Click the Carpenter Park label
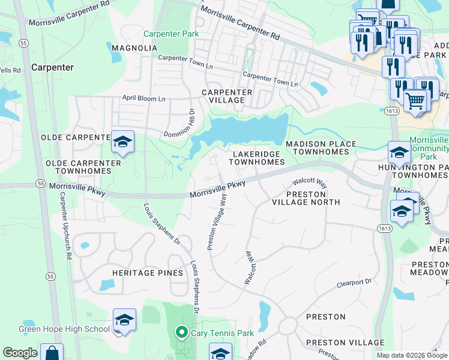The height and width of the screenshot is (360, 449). click(x=170, y=34)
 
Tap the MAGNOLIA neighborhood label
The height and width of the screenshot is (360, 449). click(x=134, y=47)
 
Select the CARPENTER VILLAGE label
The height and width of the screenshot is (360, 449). click(x=226, y=96)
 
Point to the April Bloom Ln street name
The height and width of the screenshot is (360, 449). click(x=143, y=98)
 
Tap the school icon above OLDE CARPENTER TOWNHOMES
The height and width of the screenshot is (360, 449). click(x=122, y=142)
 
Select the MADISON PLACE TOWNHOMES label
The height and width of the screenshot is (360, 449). click(x=317, y=148)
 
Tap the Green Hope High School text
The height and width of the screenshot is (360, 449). click(x=64, y=329)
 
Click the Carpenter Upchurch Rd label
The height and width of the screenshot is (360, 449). click(x=65, y=235)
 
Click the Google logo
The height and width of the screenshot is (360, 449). click(x=20, y=353)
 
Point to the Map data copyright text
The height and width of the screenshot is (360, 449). click(x=412, y=355)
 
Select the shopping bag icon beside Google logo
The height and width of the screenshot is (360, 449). click(x=52, y=353)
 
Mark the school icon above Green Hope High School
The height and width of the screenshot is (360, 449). click(x=124, y=320)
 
